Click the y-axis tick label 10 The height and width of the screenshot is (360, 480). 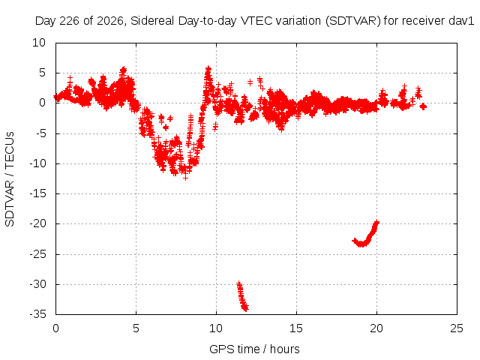point(39,43)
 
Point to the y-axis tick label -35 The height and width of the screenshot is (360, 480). point(38,314)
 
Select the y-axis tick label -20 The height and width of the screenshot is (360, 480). point(38,223)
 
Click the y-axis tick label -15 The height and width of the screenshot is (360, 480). point(38,193)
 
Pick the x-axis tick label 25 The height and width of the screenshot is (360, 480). point(457,328)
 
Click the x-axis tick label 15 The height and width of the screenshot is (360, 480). point(296,328)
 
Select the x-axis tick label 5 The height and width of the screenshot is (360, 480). point(136,328)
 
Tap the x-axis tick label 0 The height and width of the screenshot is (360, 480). point(55,328)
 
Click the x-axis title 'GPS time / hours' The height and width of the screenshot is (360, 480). point(254,349)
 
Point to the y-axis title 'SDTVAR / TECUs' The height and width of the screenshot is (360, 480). point(10,179)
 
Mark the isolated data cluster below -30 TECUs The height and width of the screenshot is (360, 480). point(242,296)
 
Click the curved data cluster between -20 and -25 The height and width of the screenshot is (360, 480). point(366,234)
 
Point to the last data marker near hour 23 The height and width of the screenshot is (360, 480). point(423,106)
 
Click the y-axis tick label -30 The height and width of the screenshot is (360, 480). point(38,284)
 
